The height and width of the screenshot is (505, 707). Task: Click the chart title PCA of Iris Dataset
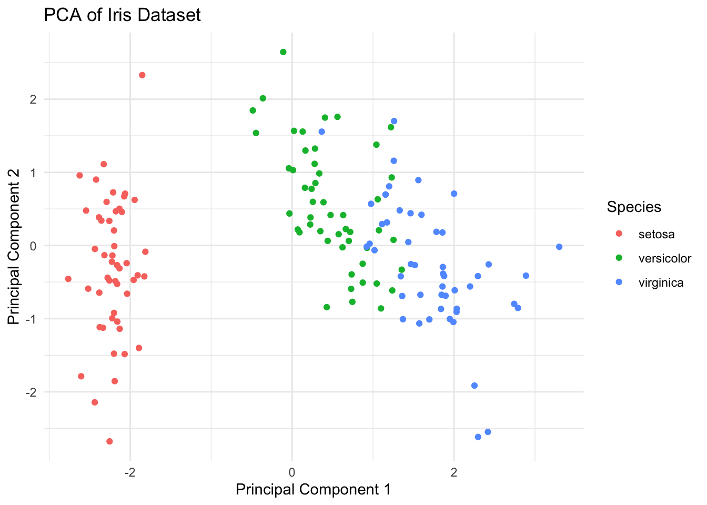click(122, 15)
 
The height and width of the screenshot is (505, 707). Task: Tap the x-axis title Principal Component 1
click(313, 490)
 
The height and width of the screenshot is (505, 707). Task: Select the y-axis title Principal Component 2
click(14, 246)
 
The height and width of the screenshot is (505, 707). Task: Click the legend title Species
click(634, 207)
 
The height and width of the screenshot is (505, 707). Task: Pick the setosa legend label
click(656, 234)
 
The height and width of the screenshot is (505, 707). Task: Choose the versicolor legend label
click(665, 258)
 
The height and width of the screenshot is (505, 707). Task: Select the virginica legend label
click(661, 282)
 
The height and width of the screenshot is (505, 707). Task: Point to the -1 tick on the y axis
click(29, 319)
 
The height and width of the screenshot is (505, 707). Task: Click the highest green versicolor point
click(283, 52)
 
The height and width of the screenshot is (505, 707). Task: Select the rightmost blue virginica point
click(559, 247)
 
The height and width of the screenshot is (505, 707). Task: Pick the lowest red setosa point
click(109, 441)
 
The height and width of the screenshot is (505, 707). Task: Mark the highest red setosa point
click(142, 75)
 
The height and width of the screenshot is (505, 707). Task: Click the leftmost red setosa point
click(68, 279)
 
